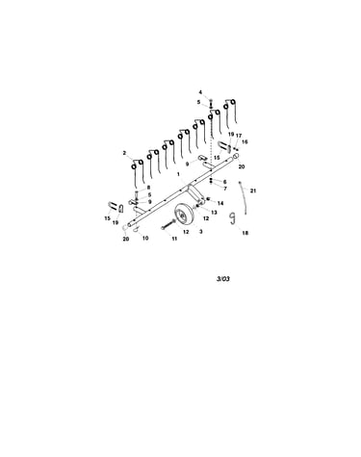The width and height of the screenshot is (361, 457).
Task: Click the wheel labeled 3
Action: (x=183, y=215)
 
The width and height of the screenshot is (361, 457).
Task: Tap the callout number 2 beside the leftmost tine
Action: (x=124, y=153)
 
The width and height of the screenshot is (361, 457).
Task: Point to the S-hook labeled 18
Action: (x=232, y=217)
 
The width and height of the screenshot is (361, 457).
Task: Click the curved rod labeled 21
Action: (x=244, y=197)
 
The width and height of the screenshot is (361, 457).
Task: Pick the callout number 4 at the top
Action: (x=200, y=92)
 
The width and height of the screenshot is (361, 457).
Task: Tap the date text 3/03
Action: (x=223, y=279)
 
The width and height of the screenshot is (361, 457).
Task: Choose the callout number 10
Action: (x=145, y=239)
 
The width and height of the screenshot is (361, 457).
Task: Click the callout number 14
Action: (x=220, y=203)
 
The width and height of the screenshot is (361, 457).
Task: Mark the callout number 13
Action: (x=214, y=213)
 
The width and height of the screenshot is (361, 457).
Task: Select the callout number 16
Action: (x=245, y=141)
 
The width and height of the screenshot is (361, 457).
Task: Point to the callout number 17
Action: (x=239, y=136)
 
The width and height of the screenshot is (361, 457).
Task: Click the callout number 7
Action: (x=225, y=189)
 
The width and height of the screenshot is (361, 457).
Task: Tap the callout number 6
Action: (x=224, y=182)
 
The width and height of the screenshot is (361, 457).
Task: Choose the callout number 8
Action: (x=148, y=188)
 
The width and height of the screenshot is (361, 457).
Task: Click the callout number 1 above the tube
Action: (x=178, y=174)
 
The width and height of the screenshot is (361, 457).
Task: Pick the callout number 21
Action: (x=253, y=190)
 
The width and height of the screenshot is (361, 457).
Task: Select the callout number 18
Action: (x=245, y=233)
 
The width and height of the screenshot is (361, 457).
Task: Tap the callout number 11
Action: (x=174, y=239)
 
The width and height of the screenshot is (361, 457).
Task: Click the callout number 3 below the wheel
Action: (x=201, y=232)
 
